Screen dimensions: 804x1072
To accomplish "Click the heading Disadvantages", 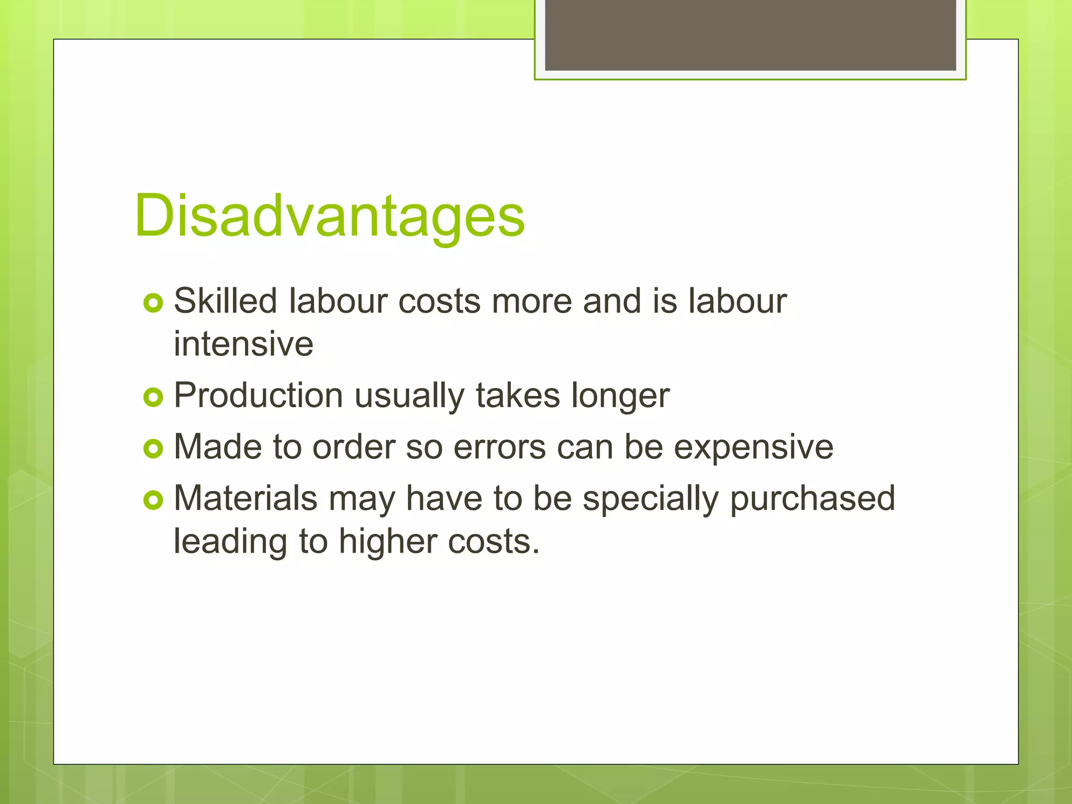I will coord(329,216).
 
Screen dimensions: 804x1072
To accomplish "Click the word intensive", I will coord(243,344).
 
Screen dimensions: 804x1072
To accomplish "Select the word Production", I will coord(258,395).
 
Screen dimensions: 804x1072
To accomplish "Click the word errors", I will coord(499,447).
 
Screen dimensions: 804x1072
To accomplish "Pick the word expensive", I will coord(753,448).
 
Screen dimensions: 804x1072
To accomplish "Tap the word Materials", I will coord(245,498).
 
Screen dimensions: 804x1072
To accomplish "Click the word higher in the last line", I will coord(387,542).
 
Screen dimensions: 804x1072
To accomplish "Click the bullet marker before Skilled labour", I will coord(153,303).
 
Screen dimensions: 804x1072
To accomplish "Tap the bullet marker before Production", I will coord(153,397).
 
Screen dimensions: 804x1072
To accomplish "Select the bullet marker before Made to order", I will coord(153,449).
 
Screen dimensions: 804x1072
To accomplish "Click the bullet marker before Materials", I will coord(153,500).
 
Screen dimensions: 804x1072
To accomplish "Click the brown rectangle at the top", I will coord(750,35).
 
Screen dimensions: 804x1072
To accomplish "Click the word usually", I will coord(409,396).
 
